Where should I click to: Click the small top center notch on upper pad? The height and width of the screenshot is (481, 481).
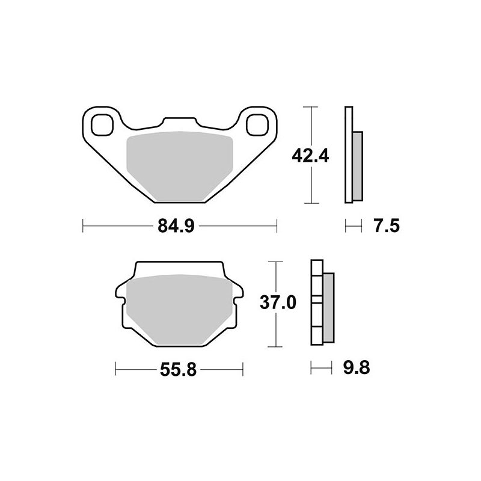(x=179, y=121)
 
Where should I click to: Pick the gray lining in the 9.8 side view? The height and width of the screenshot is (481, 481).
(x=328, y=307)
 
